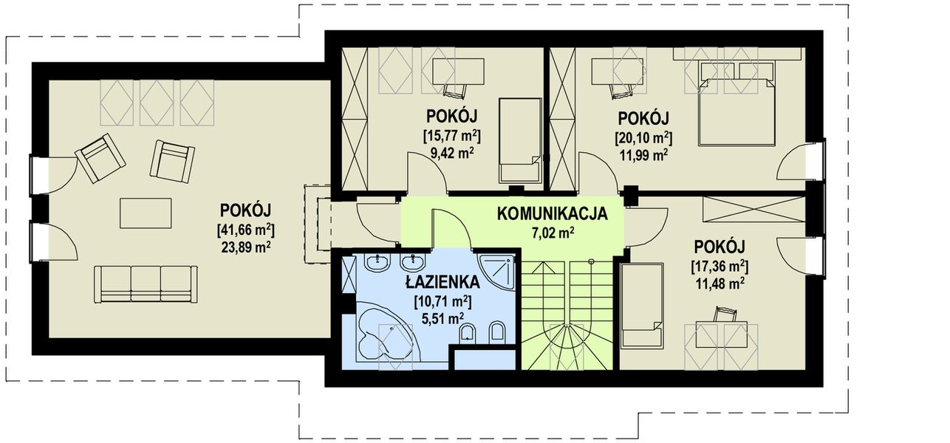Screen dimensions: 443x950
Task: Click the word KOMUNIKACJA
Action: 552,214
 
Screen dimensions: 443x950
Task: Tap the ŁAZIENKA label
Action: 442,282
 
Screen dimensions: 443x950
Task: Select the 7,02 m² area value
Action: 552,233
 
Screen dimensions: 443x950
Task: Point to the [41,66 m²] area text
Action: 246,229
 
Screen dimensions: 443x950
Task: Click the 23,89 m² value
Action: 246,247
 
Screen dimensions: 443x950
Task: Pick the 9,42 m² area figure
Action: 451,154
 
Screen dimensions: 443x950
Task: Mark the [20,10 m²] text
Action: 643,137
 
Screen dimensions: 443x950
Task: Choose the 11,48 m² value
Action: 719,282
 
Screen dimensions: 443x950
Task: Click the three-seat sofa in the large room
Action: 146,284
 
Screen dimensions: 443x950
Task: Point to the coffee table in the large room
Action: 146,213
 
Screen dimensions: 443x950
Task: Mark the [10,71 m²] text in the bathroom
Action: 442,301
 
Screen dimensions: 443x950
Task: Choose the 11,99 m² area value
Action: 643,154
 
